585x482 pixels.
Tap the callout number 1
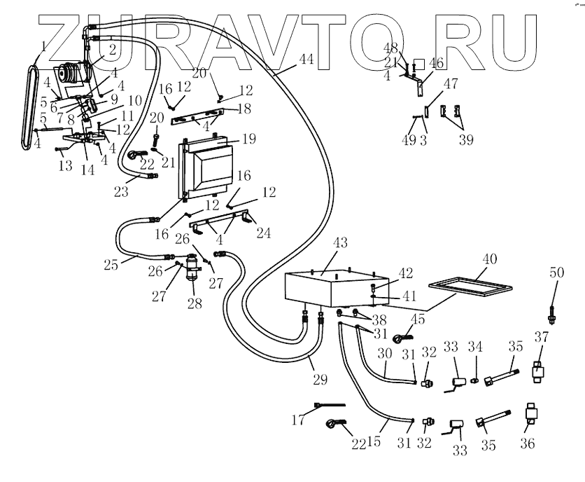[x=43, y=48]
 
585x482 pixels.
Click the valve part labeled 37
[x=540, y=370]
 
